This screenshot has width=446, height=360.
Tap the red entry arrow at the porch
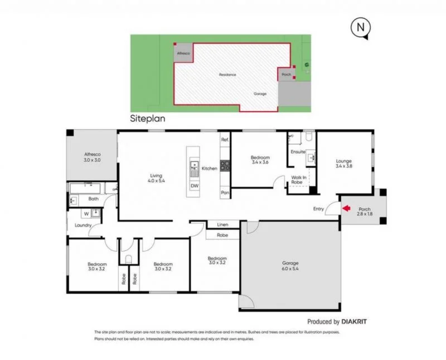pos(346,209)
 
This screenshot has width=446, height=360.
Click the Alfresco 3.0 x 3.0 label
pos(91,157)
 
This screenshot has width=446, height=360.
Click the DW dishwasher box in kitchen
pos(194,186)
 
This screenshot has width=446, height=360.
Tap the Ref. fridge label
pos(225,139)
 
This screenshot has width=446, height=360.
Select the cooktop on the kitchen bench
pos(225,166)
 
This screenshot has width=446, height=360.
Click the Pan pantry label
pos(225,192)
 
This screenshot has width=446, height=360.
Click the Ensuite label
pos(298,152)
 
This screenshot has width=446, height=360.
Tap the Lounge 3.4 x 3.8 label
pos(344,163)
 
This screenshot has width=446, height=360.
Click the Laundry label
pos(83,225)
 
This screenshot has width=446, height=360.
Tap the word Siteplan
pos(148,119)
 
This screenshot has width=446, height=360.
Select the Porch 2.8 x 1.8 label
pos(365,212)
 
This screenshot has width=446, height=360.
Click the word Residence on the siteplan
pos(227,75)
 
